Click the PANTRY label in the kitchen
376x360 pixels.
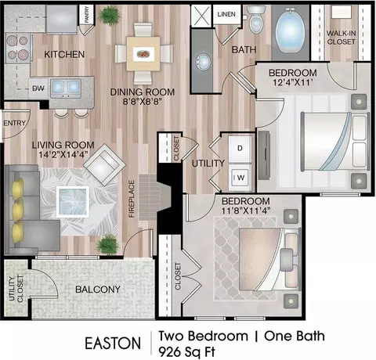[87, 14]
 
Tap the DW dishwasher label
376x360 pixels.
[38, 88]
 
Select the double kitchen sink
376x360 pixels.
[66, 88]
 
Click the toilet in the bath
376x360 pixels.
[256, 20]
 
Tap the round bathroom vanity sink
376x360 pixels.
[202, 62]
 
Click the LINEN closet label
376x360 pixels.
[226, 14]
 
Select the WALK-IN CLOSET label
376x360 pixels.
[341, 38]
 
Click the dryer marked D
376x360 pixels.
[240, 149]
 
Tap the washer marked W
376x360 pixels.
[240, 178]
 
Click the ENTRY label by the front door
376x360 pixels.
[15, 123]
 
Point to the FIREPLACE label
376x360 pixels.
[132, 199]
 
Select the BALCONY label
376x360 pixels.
[98, 289]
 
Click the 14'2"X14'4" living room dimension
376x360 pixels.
[63, 155]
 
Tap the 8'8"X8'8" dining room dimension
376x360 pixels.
[143, 101]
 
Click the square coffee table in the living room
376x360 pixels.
[73, 202]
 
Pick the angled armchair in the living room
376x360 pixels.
[105, 164]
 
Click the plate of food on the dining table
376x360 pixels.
[143, 54]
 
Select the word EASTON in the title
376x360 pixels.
[113, 343]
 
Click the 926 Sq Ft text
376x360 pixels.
[187, 352]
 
